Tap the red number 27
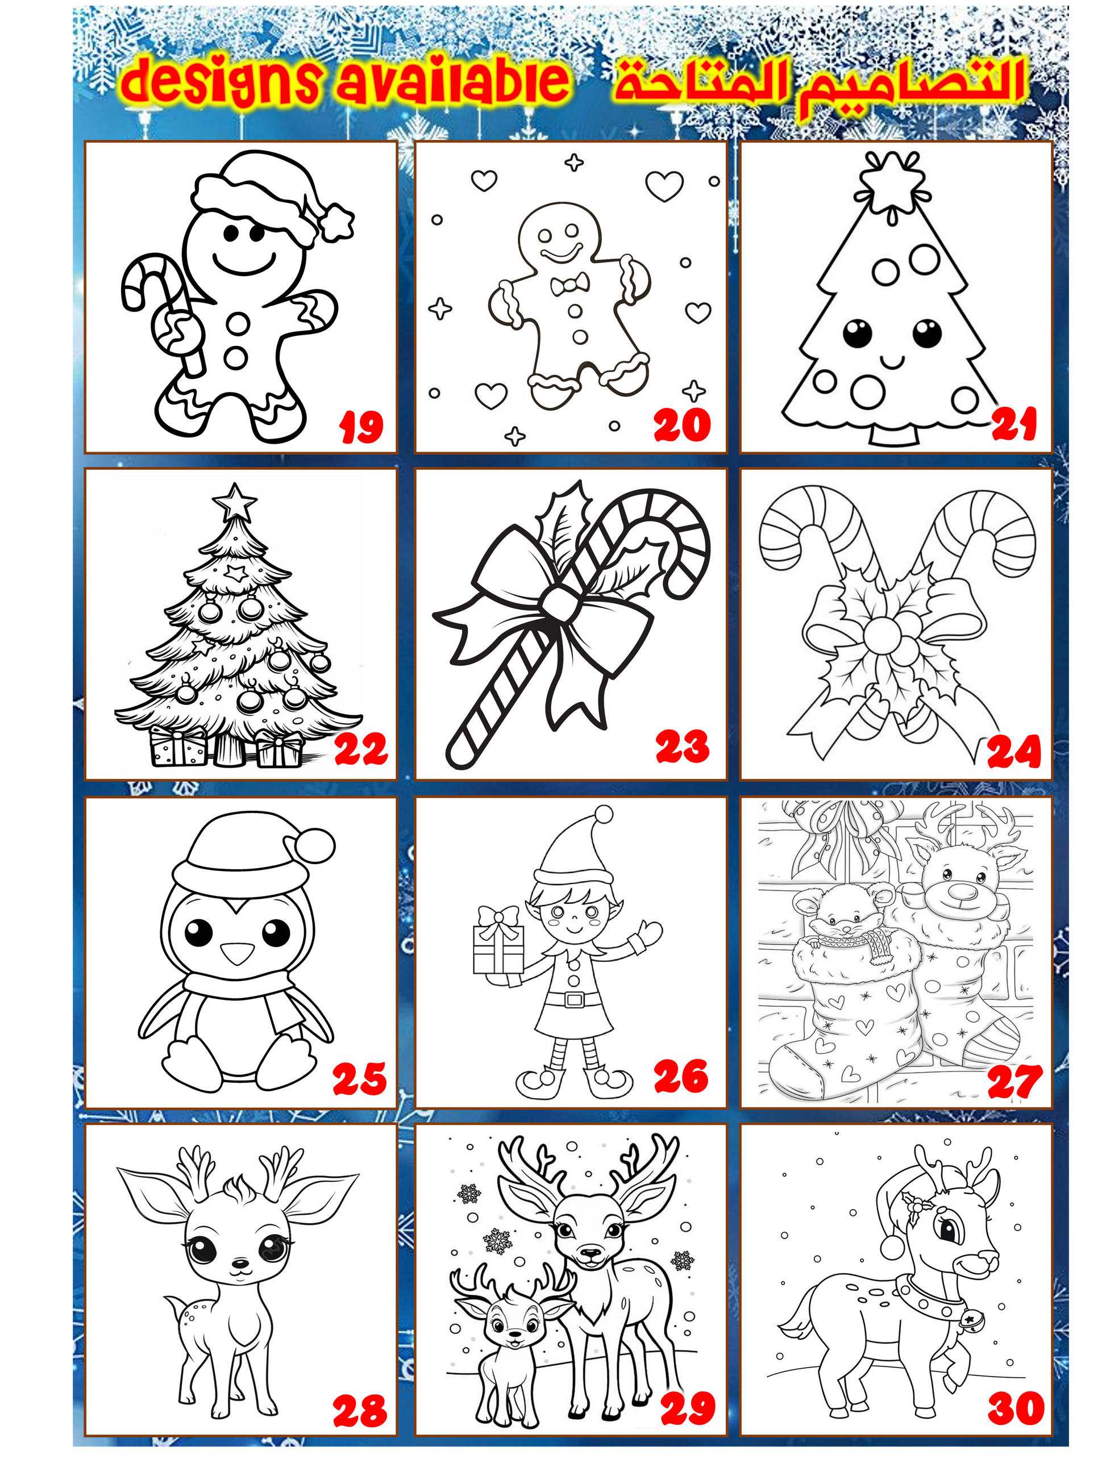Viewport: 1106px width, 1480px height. tap(1015, 1082)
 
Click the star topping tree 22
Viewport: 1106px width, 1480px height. tap(234, 501)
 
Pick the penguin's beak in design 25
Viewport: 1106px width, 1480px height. tap(238, 953)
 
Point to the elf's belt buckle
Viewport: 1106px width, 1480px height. tap(575, 999)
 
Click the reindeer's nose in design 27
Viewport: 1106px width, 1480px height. tap(962, 891)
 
